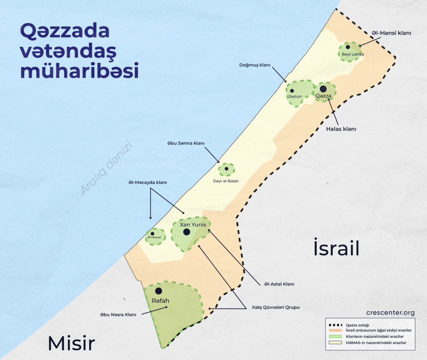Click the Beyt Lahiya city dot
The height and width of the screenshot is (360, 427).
click(348, 47)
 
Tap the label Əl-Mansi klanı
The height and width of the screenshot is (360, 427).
click(391, 32)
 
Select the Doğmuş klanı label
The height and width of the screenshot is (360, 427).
click(255, 65)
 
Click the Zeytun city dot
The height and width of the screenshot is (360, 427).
click(292, 90)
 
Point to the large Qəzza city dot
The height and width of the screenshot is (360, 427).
click(323, 89)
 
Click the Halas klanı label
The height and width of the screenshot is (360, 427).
click(341, 128)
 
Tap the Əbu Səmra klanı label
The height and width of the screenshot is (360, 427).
click(186, 143)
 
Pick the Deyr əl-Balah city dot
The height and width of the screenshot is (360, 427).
click(226, 169)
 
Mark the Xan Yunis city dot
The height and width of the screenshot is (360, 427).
click(187, 232)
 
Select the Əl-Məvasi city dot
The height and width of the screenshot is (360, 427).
click(152, 233)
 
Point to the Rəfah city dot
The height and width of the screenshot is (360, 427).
click(158, 290)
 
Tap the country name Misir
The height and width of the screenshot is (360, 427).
click(71, 343)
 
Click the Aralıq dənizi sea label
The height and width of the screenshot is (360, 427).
click(107, 169)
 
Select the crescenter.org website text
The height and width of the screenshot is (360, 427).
click(390, 313)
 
